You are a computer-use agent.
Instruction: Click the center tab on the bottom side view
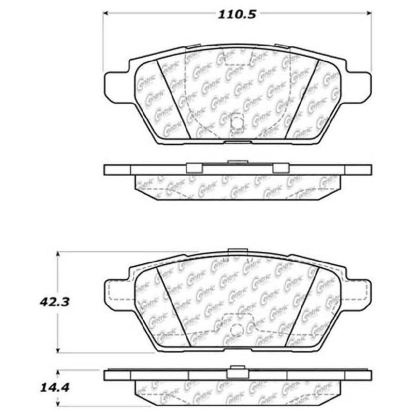(x=237, y=369)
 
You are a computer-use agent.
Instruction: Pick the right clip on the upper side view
(x=280, y=168)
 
